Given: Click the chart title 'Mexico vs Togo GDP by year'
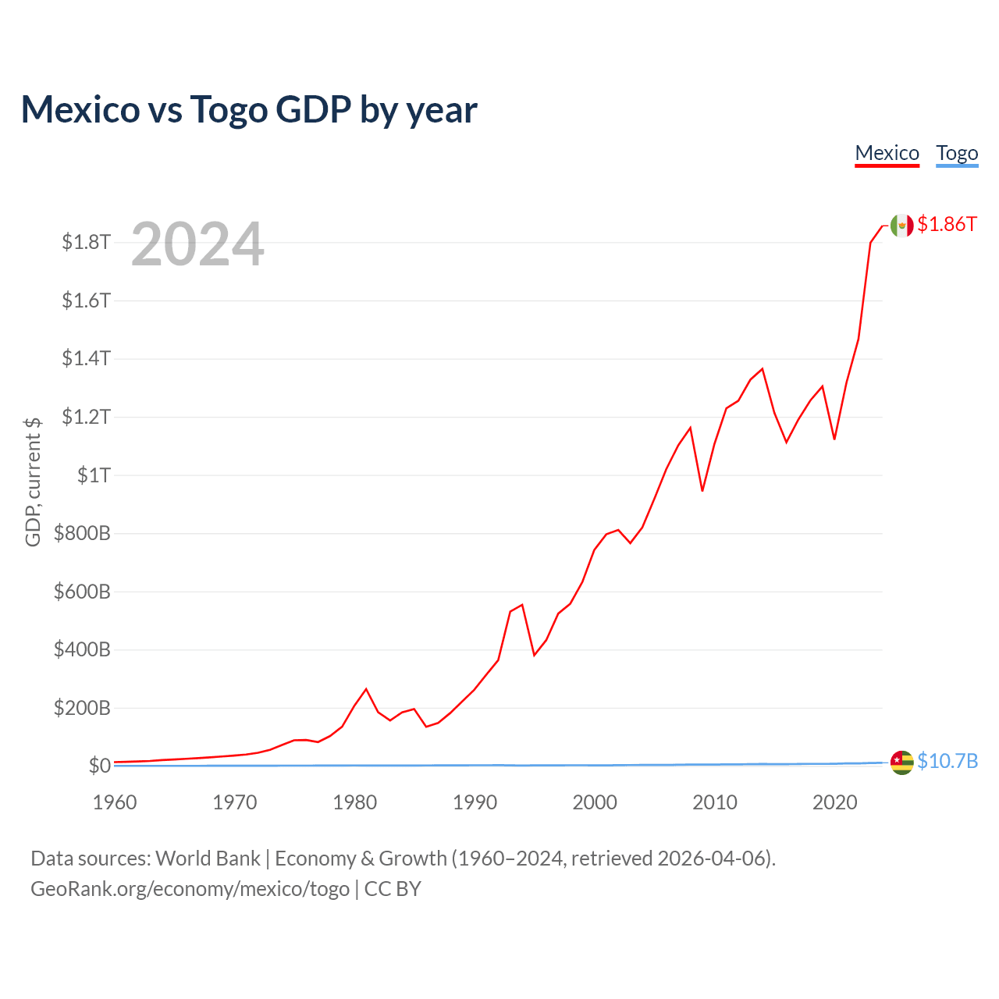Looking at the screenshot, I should point(249,110).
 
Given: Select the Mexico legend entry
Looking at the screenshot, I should point(887,153).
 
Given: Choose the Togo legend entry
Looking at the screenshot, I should point(957,153).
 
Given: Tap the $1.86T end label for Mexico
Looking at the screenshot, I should point(947,225).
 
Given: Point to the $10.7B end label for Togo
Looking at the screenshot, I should point(947,761).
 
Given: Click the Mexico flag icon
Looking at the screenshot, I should point(901,226).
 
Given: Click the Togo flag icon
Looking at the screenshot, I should point(901,763).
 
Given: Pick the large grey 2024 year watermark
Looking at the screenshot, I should point(197,244).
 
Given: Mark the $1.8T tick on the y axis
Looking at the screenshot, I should point(87,243).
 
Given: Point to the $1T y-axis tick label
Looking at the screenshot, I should point(94,475).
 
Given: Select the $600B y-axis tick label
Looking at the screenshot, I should point(82,592).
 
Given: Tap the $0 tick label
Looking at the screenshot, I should point(99,766).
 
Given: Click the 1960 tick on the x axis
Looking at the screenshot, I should point(115,802).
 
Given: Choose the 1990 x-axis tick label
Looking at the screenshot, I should point(475,802).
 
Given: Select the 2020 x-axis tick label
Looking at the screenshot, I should point(834,802).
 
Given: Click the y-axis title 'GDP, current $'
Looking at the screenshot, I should point(33,482).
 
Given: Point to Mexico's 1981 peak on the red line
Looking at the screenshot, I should point(366,689).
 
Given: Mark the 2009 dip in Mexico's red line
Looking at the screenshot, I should point(702,491).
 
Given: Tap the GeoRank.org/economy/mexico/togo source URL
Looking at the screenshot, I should point(190,889).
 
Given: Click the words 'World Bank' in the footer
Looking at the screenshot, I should point(208,859).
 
